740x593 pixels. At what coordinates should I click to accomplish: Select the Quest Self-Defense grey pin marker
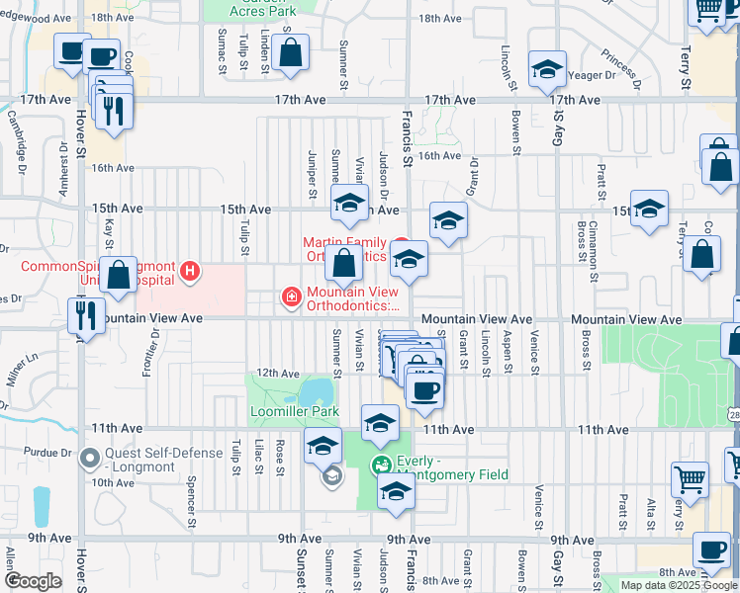[x=90, y=457]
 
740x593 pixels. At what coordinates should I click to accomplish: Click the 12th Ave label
[x=278, y=374]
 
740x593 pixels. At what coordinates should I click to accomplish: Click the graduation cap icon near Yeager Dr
[x=546, y=70]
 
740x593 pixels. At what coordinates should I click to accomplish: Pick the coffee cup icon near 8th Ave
[x=710, y=548]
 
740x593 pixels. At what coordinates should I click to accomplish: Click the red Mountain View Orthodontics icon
[x=291, y=296]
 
